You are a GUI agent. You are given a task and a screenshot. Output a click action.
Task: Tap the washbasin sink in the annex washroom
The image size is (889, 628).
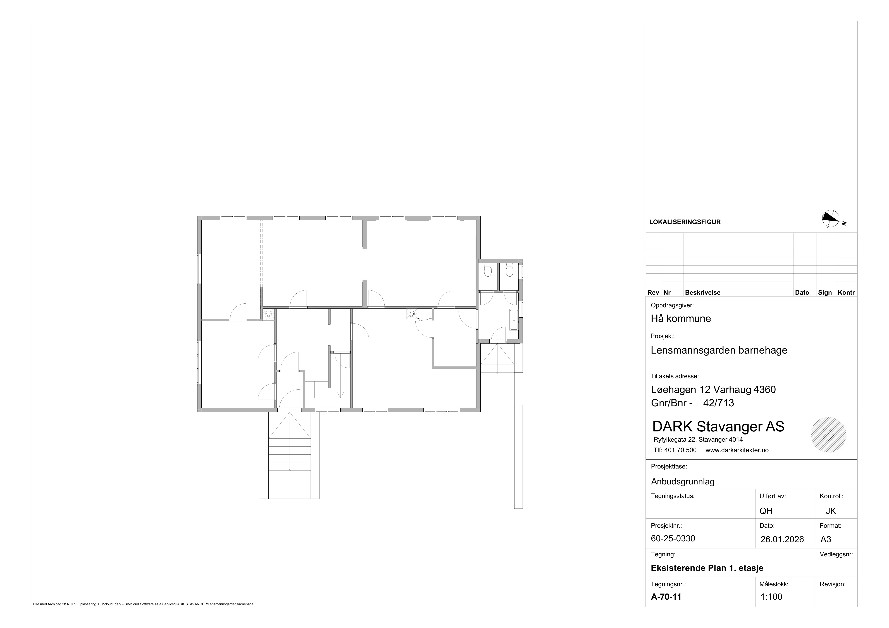pos(514,320)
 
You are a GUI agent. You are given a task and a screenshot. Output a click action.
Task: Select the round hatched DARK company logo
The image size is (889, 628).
pos(828,435)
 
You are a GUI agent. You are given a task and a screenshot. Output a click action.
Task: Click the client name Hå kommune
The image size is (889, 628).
pos(681,319)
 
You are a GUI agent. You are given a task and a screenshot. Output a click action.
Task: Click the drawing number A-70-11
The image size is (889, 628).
pos(666,597)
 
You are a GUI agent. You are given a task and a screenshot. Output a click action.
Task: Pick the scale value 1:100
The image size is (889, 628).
pos(771,597)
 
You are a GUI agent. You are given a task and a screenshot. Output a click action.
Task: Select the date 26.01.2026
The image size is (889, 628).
pos(782,539)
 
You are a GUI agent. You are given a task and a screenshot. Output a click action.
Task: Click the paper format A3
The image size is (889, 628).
pos(826,539)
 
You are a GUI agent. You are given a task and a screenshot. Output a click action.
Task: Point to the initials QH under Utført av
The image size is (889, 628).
pos(766,511)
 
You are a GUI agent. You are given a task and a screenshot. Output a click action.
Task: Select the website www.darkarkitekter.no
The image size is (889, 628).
pos(737,450)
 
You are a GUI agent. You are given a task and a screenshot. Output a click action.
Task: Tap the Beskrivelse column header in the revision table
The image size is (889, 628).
pos(702,293)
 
